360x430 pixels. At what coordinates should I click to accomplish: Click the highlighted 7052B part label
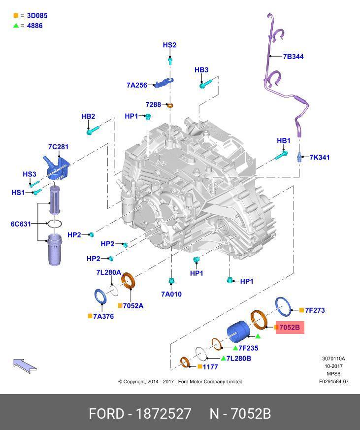[x=289, y=327]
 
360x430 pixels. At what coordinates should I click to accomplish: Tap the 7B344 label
[x=293, y=57]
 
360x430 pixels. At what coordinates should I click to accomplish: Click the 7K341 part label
[x=320, y=158]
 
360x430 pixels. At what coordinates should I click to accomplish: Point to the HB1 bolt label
[x=284, y=141]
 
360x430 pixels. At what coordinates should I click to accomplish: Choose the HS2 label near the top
[x=169, y=45]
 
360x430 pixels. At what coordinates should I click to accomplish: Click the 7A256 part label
[x=136, y=85]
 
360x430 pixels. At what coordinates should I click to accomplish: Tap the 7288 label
[x=153, y=104]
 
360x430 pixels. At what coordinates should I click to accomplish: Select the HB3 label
[x=201, y=70]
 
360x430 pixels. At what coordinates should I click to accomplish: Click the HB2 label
[x=88, y=117]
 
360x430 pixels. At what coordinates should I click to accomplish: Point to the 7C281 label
[x=58, y=147]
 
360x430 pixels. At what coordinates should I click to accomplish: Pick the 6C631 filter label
[x=21, y=224]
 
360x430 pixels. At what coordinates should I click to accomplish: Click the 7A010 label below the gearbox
[x=171, y=294]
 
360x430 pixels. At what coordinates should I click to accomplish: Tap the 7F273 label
[x=315, y=310]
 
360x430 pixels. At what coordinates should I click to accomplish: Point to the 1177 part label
[x=210, y=366]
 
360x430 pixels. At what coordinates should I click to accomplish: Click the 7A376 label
[x=104, y=316]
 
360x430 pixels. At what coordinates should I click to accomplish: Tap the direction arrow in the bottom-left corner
[x=25, y=365]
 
